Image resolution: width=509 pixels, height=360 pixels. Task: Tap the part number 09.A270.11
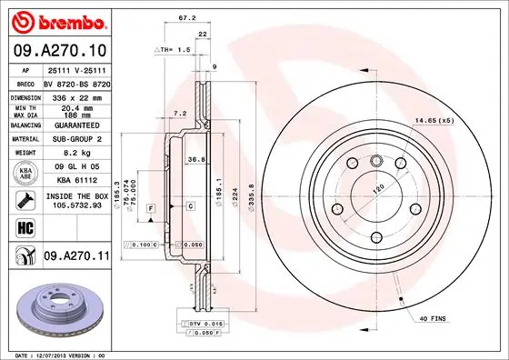click(76, 258)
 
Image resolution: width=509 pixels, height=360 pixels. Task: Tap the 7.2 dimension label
click(180, 115)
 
